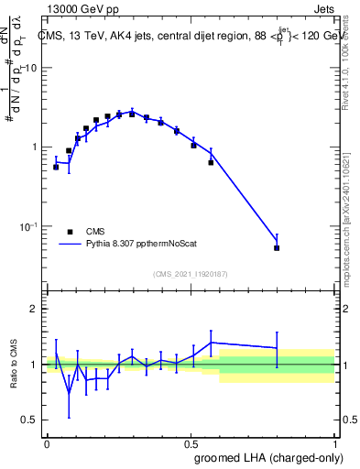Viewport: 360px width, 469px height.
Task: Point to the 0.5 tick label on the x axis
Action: (x=191, y=442)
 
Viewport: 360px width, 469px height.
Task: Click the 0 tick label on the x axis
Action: (x=47, y=442)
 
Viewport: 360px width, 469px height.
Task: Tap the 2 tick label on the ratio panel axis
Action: (x=36, y=309)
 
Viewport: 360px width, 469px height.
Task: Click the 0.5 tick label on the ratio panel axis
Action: (x=32, y=420)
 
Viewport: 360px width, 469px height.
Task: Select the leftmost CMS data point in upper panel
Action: (x=56, y=167)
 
